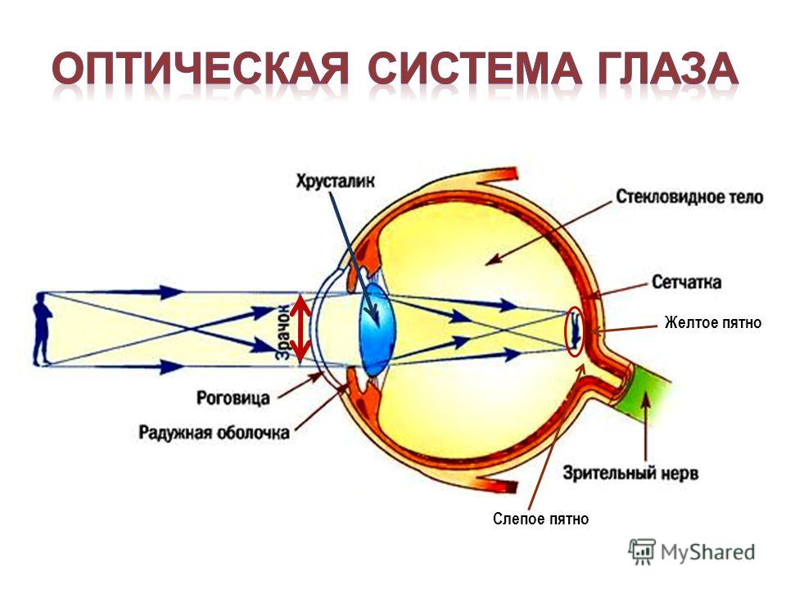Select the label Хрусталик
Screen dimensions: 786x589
click(336, 181)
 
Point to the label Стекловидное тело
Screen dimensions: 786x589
click(689, 196)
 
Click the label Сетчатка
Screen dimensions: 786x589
click(687, 282)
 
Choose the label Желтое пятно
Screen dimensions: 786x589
click(713, 322)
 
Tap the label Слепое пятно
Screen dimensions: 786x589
click(541, 519)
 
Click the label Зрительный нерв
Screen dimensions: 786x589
click(630, 473)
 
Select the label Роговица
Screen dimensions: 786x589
click(233, 398)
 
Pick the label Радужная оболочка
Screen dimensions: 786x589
click(214, 432)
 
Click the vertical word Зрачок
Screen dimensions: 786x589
click(283, 331)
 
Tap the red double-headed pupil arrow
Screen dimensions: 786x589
click(300, 329)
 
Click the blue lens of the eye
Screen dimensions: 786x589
click(377, 330)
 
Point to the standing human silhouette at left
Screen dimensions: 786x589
click(42, 330)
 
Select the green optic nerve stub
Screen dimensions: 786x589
click(646, 393)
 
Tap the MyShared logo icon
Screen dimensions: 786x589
click(642, 552)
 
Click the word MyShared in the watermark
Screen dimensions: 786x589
click(707, 552)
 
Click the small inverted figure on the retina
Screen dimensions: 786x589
click(576, 330)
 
